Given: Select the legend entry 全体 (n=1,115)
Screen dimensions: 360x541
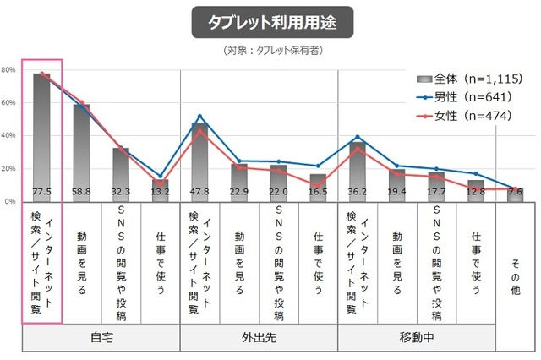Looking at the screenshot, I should coord(467,78).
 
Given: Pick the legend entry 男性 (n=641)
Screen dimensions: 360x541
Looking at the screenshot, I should coord(467,96).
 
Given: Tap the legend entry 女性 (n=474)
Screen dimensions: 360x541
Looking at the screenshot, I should coord(467,115).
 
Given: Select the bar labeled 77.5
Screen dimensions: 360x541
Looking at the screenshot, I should coord(41,135).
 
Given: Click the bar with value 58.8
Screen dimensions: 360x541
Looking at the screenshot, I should coord(81,152).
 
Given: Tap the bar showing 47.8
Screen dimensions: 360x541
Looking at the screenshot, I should coord(199,161).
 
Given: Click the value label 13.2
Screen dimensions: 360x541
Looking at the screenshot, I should coord(161,193).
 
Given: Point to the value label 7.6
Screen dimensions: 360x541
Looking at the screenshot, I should coord(516,193).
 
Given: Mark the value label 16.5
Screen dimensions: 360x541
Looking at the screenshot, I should coord(319,193).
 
